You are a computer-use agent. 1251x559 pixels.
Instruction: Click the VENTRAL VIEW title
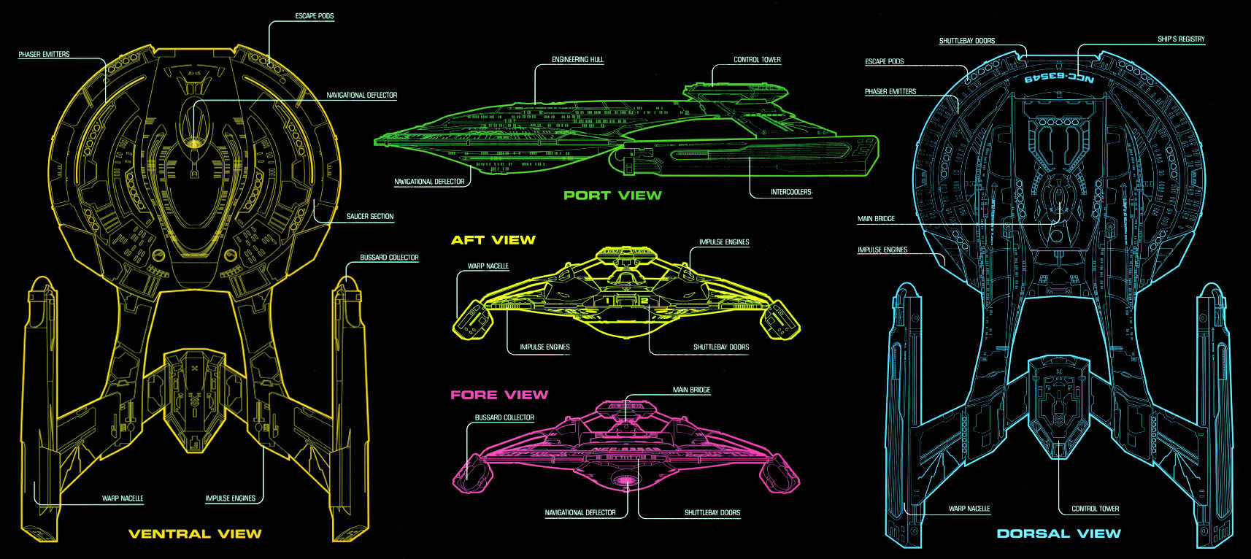195,533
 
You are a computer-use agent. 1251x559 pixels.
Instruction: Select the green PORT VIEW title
612,195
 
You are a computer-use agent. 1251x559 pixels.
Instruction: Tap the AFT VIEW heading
493,239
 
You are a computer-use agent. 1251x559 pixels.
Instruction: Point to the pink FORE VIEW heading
499,395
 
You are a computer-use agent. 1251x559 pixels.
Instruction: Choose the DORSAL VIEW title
1058,533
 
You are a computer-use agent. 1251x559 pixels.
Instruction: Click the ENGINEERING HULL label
577,60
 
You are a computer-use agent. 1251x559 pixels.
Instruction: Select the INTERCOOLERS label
790,192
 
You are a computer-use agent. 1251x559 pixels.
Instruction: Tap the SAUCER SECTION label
369,217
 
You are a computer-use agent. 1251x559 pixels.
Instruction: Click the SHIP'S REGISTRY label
1181,39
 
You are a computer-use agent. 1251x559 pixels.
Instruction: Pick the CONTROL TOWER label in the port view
757,60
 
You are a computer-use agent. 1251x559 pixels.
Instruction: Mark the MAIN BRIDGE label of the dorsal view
876,219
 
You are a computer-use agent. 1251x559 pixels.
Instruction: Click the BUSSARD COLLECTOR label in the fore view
504,418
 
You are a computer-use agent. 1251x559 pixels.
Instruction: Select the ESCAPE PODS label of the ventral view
315,16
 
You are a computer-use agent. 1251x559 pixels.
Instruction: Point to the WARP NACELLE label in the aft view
488,266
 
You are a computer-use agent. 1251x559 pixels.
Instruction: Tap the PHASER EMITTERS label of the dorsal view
890,92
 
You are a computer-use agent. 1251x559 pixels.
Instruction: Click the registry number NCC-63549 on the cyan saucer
1059,77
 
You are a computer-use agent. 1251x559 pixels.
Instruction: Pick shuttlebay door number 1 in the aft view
608,300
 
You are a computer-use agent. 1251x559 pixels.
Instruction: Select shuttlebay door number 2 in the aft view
644,300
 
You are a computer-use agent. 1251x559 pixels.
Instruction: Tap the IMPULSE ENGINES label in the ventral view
230,498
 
